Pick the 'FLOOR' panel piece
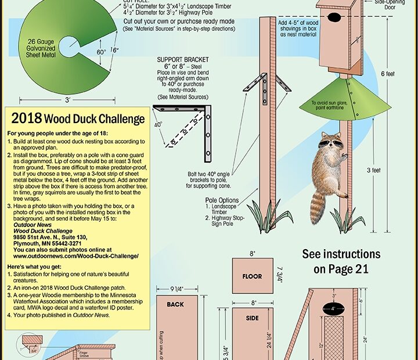pos(252,276)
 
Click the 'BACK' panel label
pos(175,304)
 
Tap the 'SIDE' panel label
pos(252,319)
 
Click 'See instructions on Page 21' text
pos(341,261)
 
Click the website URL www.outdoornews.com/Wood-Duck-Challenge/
pos(75,255)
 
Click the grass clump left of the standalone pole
pos(257,216)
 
